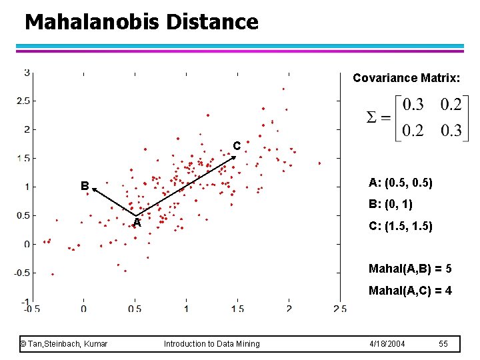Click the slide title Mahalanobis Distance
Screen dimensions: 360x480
point(141,22)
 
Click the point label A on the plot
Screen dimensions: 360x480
point(137,223)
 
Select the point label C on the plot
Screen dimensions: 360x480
point(236,145)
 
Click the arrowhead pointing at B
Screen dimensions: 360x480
point(95,190)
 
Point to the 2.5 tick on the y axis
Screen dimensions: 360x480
point(23,101)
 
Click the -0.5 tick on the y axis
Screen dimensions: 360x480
point(21,273)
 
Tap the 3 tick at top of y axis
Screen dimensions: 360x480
point(27,72)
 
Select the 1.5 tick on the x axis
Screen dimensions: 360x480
point(237,309)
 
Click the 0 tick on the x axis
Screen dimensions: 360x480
point(83,309)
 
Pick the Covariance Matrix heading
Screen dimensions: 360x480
point(405,78)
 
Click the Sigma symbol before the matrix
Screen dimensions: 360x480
point(375,117)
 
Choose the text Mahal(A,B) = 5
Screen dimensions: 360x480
point(410,269)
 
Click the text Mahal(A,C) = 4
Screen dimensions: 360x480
point(410,291)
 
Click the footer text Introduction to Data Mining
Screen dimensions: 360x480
point(212,343)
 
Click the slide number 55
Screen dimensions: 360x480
point(444,343)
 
